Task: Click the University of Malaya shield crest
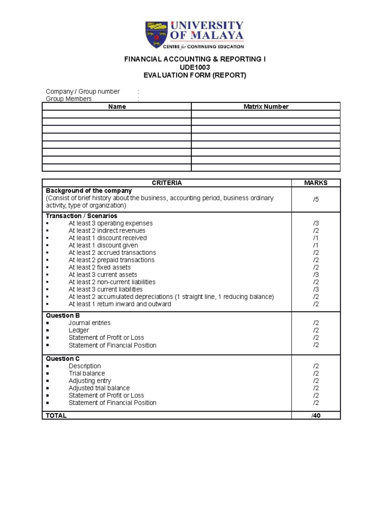pyautogui.click(x=156, y=34)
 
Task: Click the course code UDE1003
pyautogui.click(x=195, y=67)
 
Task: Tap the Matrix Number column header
pyautogui.click(x=266, y=107)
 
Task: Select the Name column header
pyautogui.click(x=117, y=107)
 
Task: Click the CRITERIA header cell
pyautogui.click(x=167, y=183)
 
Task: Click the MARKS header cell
pyautogui.click(x=316, y=183)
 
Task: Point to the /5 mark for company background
pyautogui.click(x=316, y=199)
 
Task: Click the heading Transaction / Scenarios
pyautogui.click(x=81, y=216)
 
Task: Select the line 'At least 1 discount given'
pyautogui.click(x=103, y=246)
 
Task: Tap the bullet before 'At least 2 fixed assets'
pyautogui.click(x=47, y=268)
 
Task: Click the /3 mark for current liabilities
pyautogui.click(x=316, y=289)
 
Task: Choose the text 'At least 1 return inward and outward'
pyautogui.click(x=120, y=304)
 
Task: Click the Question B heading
pyautogui.click(x=63, y=316)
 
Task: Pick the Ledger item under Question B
pyautogui.click(x=79, y=330)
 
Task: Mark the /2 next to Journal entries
pyautogui.click(x=316, y=323)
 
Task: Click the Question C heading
pyautogui.click(x=63, y=359)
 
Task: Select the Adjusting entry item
pyautogui.click(x=90, y=381)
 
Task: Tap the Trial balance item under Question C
pyautogui.click(x=86, y=373)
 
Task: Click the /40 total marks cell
pyautogui.click(x=316, y=416)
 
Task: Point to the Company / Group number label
pyautogui.click(x=83, y=92)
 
